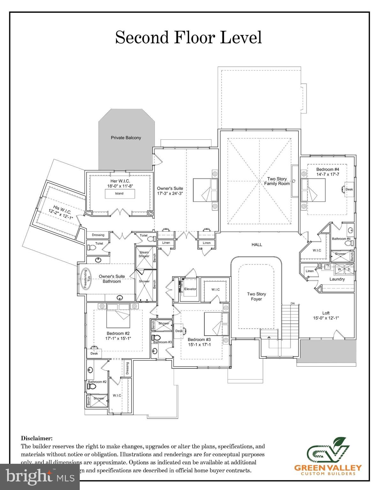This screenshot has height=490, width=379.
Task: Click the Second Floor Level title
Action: (188, 37)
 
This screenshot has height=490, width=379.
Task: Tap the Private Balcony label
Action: (126, 138)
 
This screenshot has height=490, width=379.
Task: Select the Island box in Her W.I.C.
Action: (119, 194)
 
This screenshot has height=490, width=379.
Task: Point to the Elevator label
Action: (190, 289)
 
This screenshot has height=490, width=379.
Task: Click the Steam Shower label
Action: (144, 254)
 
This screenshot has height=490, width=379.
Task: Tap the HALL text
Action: (257, 245)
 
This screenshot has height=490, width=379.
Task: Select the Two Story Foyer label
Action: (256, 297)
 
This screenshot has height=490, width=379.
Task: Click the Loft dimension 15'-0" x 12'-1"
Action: (326, 318)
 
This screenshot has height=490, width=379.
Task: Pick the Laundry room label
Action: (337, 279)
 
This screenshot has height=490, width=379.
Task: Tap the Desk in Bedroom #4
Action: (349, 189)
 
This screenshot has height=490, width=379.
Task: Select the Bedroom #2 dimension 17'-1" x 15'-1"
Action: (118, 338)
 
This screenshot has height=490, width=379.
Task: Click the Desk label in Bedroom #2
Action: (94, 353)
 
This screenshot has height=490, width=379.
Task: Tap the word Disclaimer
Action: (37, 439)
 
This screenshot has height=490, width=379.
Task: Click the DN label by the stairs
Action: (292, 303)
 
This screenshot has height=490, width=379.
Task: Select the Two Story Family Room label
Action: (277, 181)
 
